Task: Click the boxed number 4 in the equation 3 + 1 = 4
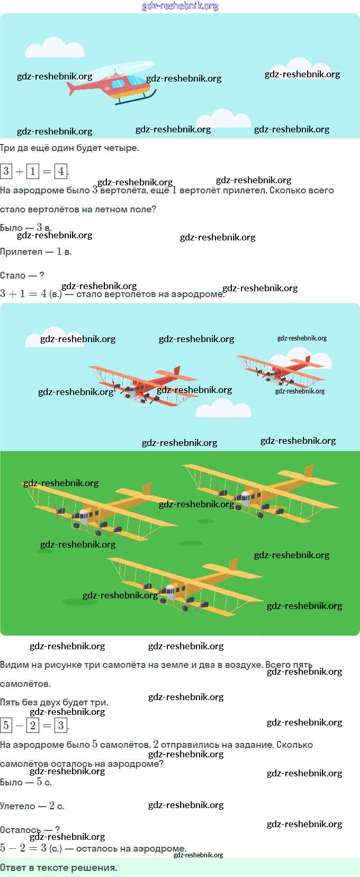(61, 171)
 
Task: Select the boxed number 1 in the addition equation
(33, 171)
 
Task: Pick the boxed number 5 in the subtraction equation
(6, 725)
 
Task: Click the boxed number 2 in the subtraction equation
(33, 725)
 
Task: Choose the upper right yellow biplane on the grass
(259, 490)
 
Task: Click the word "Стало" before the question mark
(13, 275)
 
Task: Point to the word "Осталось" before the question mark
(20, 830)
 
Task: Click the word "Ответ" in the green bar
(14, 867)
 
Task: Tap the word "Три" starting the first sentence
(7, 148)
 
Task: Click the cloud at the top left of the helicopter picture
(55, 48)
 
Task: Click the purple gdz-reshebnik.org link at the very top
(180, 6)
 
